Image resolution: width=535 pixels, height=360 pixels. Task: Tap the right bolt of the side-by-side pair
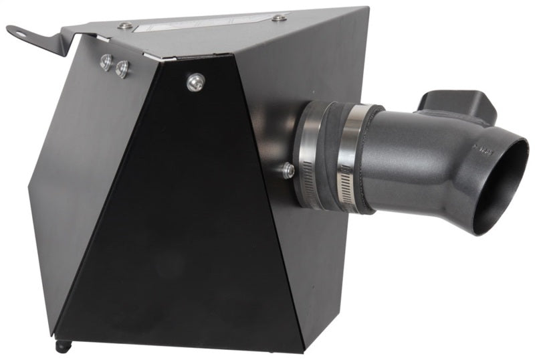point(122,68)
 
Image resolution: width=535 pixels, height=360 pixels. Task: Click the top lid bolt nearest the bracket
point(124,25)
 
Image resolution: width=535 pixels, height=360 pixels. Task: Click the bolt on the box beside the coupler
point(289,171)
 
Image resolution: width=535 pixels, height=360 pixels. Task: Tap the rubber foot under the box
point(62,345)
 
